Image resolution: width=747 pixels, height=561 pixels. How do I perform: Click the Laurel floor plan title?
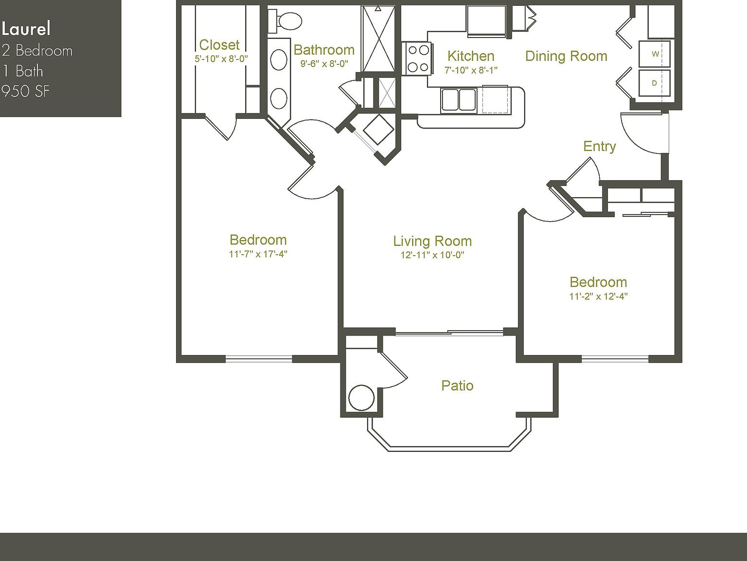(x=26, y=29)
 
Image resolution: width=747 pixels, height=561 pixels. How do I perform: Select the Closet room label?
(x=219, y=45)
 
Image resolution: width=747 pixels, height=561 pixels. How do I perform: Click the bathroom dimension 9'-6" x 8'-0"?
(x=324, y=63)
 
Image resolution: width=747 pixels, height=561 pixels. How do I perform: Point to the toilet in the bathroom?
(x=287, y=21)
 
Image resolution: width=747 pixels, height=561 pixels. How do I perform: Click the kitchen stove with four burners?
(x=418, y=58)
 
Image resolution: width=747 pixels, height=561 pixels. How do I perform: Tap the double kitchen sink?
(x=458, y=100)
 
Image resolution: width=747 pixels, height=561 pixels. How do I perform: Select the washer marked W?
(x=655, y=54)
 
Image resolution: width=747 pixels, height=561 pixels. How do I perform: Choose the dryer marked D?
(x=655, y=83)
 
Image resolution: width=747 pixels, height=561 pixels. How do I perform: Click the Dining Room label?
(x=566, y=56)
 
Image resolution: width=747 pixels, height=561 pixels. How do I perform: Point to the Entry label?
(x=599, y=146)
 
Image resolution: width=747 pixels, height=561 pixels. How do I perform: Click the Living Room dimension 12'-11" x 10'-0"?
(x=432, y=255)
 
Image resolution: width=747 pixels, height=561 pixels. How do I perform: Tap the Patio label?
(x=457, y=386)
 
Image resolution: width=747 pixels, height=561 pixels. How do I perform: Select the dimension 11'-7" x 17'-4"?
(x=258, y=254)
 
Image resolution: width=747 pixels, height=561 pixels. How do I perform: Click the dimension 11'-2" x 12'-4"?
(x=598, y=296)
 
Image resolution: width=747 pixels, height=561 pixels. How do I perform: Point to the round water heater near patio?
(x=361, y=398)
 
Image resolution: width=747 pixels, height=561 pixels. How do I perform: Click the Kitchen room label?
(x=470, y=56)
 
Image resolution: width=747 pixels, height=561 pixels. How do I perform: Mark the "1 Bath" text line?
(x=22, y=71)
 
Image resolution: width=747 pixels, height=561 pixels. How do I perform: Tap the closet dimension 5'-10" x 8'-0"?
(x=221, y=59)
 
